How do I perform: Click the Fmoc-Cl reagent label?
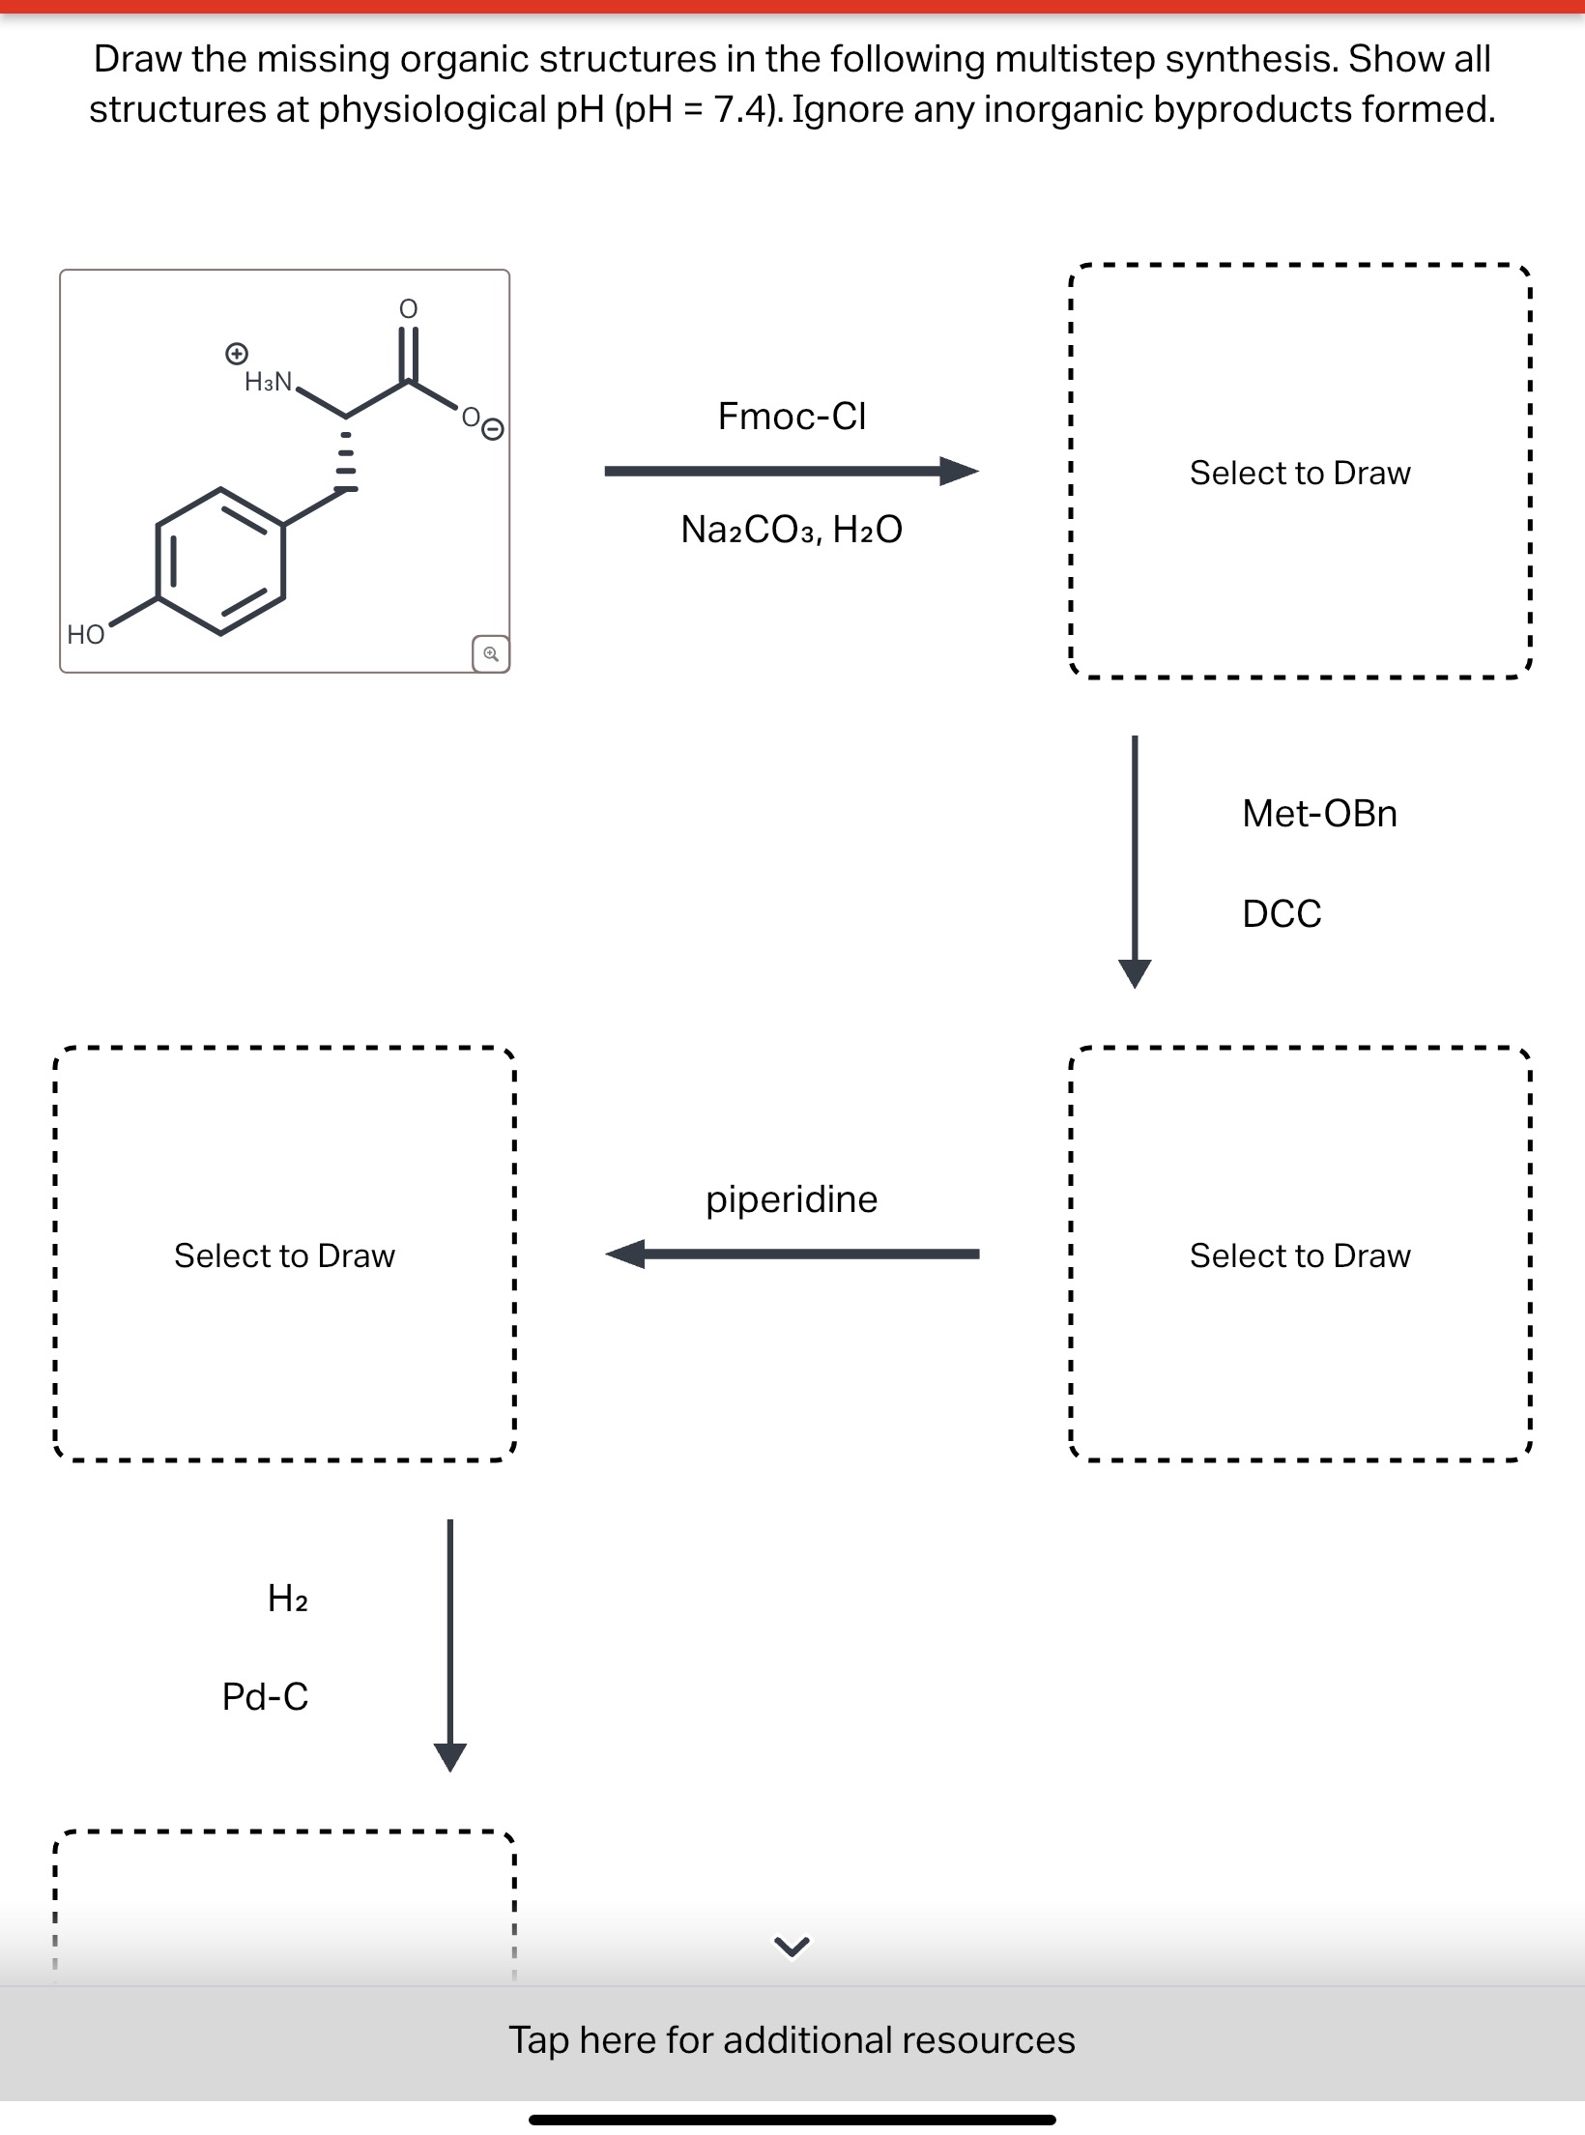point(792,417)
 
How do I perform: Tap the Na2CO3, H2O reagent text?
point(792,530)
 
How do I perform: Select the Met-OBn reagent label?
point(1319,814)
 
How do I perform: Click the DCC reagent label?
point(1282,913)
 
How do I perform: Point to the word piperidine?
point(792,1199)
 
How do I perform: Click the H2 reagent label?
point(288,1599)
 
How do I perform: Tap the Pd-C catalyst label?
point(265,1697)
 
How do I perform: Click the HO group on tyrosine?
point(86,635)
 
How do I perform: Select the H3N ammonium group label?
point(269,382)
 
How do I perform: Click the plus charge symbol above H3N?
point(235,353)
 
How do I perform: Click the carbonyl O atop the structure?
point(409,308)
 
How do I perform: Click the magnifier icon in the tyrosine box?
point(491,653)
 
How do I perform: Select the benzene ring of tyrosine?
point(220,562)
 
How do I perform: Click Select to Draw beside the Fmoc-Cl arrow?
point(1300,473)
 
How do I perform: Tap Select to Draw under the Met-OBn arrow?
point(1300,1255)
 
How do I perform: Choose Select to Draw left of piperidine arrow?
point(284,1255)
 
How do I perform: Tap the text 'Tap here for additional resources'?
point(792,2039)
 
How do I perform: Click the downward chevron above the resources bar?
point(792,1947)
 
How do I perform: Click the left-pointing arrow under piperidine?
point(792,1255)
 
